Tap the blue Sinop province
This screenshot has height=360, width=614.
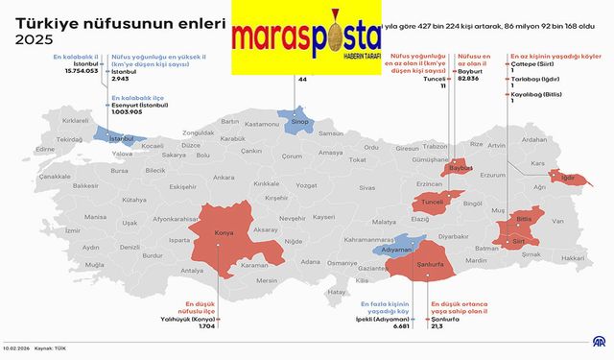[300, 123]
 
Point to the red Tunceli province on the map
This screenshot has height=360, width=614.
[428, 203]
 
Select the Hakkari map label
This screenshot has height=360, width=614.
[572, 258]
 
